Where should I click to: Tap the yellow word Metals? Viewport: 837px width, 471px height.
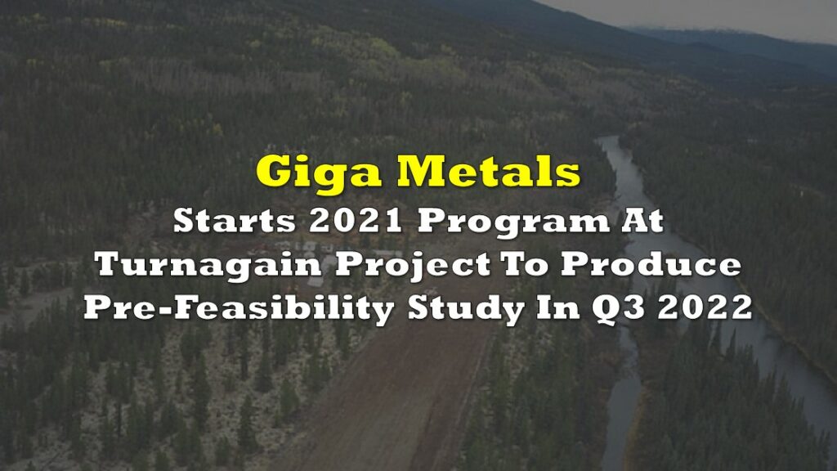pos(489,171)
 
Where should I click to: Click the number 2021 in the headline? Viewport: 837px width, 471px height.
pos(356,221)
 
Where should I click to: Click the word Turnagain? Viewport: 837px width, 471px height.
pos(208,265)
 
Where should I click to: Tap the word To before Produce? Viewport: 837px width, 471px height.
pos(524,264)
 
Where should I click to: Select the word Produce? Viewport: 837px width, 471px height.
pos(651,264)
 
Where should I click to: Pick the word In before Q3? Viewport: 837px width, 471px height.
pos(557,308)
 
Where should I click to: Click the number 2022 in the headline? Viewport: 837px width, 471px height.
pos(705,308)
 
